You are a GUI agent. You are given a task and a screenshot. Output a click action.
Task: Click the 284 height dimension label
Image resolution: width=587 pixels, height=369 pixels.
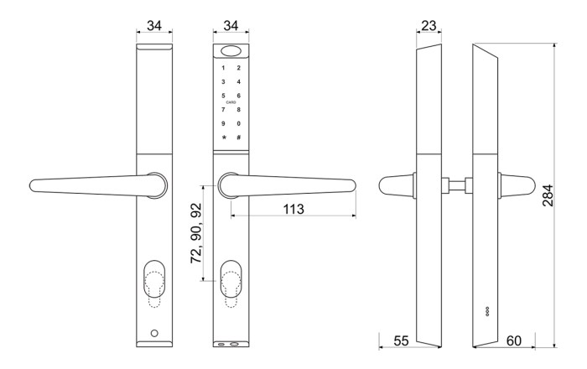(548, 195)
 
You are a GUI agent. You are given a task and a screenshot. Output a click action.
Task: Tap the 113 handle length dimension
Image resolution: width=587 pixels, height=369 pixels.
(293, 209)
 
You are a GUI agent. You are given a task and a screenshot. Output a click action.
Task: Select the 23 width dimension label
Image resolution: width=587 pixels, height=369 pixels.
(429, 25)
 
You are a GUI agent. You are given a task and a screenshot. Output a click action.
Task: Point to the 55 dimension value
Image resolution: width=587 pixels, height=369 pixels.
(401, 341)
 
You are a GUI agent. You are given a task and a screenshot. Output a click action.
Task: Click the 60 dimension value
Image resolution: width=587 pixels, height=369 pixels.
(513, 341)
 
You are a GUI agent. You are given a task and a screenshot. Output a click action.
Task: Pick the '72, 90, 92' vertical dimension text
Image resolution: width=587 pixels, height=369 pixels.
(195, 233)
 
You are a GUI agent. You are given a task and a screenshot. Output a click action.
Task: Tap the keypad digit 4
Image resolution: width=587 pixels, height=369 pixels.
(239, 82)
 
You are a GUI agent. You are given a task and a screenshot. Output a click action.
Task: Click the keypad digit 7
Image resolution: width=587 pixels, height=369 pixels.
(224, 110)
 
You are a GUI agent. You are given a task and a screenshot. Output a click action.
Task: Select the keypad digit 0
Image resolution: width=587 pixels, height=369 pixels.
(239, 124)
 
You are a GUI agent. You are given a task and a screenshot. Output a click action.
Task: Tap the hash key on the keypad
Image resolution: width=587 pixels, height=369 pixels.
(239, 138)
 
